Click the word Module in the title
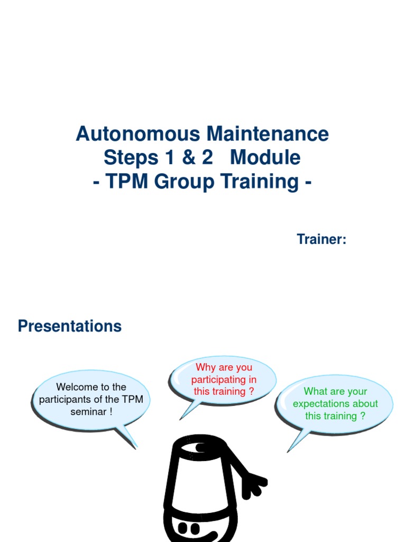click(265, 158)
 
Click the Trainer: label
click(321, 239)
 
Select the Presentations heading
click(70, 326)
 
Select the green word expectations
click(317, 404)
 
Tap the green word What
click(316, 392)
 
